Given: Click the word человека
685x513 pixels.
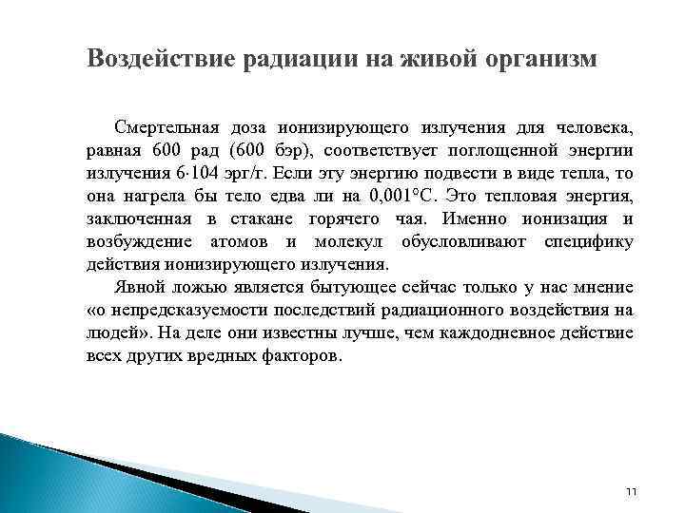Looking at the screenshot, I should click(x=590, y=127).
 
